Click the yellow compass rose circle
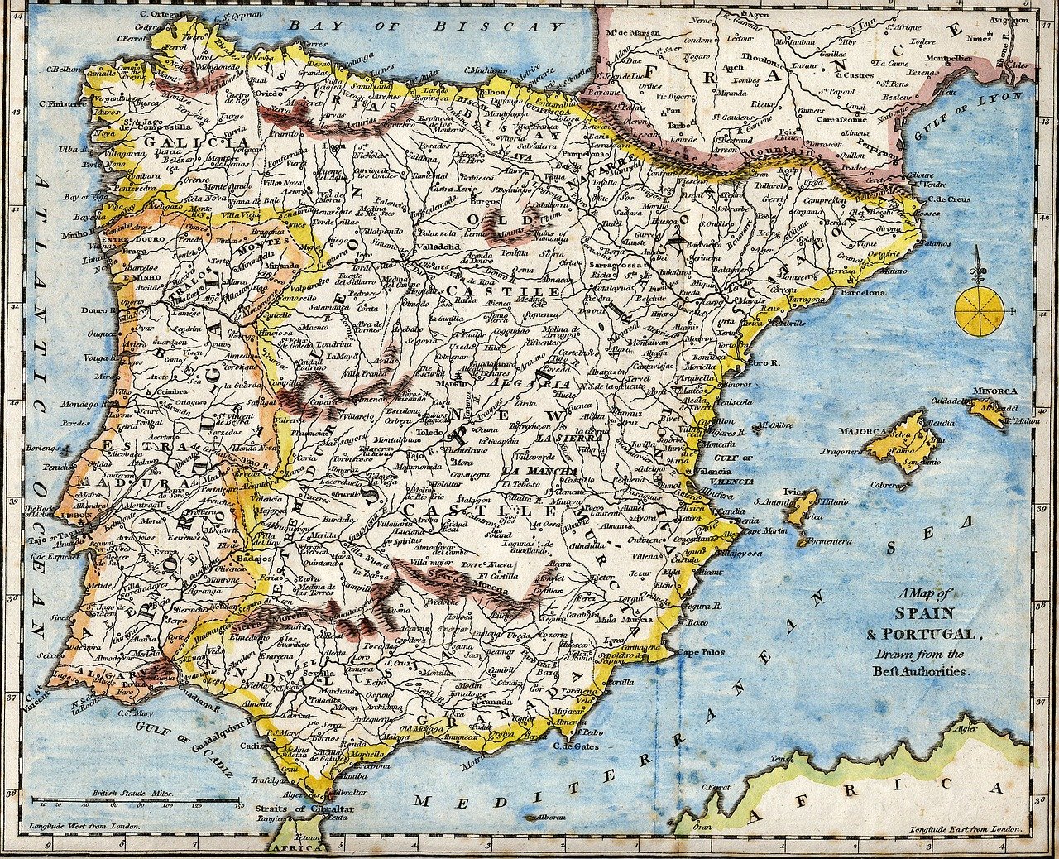[x=980, y=312]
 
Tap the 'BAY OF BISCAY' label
[x=426, y=26]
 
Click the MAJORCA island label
[x=863, y=431]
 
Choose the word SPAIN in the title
[x=925, y=614]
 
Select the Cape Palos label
[x=702, y=651]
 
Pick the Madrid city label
[x=452, y=384]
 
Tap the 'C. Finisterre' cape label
[x=62, y=105]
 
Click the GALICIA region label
[x=184, y=142]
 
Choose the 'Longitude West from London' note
[x=84, y=825]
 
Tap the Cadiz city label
[x=251, y=745]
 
